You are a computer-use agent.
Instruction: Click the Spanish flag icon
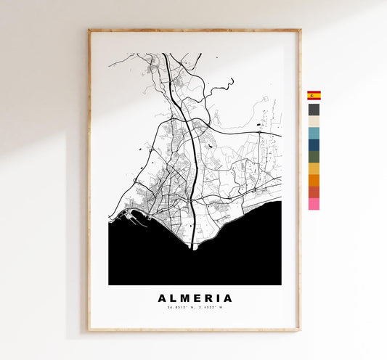314,95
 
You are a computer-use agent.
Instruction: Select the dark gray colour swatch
314,110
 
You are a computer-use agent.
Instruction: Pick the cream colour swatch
314,121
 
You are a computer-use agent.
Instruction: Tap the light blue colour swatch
314,133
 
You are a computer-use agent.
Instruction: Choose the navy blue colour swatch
314,144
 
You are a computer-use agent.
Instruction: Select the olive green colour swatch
314,156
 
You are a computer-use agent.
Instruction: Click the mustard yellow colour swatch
314,168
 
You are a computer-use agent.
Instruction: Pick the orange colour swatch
314,180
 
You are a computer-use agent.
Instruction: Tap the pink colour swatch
314,204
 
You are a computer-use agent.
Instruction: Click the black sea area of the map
196,261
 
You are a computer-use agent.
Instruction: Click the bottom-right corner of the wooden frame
299,330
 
